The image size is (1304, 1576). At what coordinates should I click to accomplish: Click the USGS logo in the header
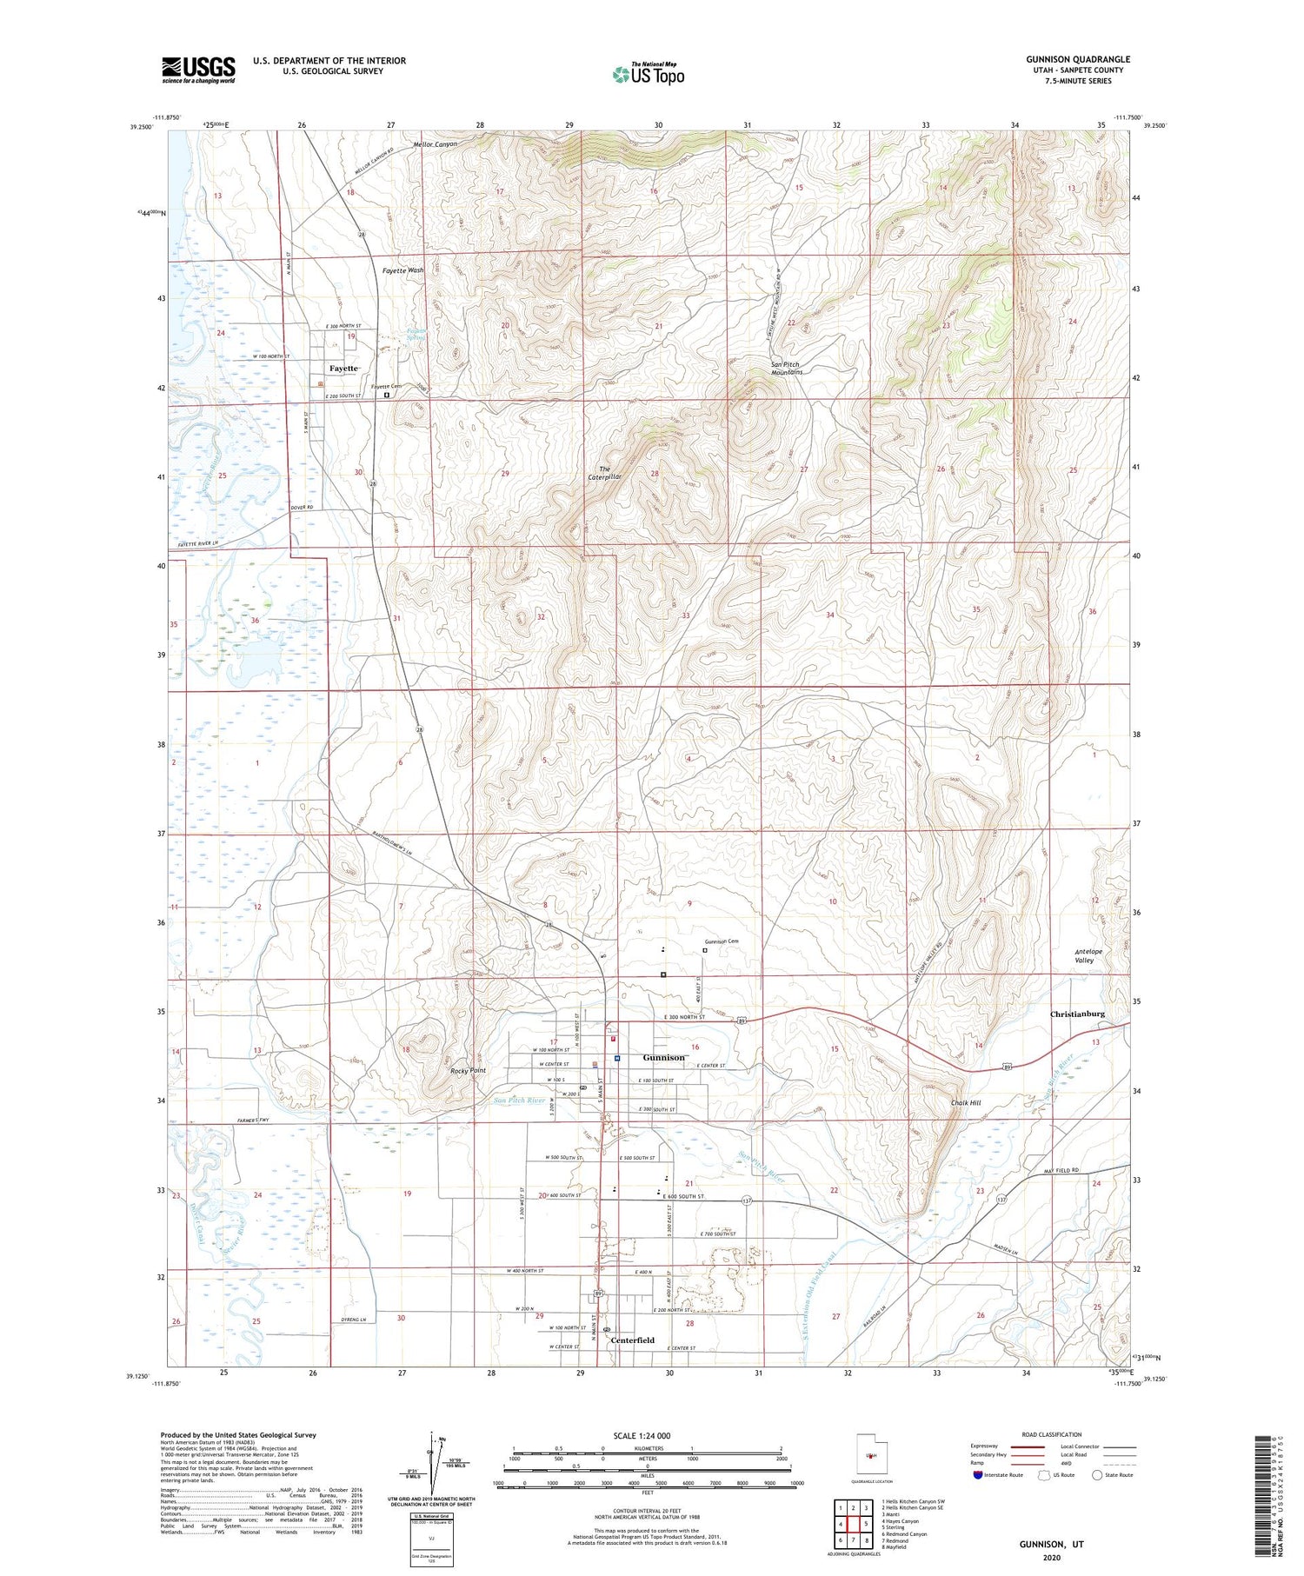[198, 70]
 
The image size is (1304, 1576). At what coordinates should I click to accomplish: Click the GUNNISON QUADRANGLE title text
[1077, 59]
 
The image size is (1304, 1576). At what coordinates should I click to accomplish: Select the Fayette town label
[343, 368]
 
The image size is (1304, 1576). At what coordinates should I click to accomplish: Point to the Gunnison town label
[663, 1058]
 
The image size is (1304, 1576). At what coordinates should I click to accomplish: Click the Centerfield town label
[632, 1340]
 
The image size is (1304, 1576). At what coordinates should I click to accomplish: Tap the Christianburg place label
[1077, 1014]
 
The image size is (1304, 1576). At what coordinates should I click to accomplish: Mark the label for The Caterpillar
[604, 473]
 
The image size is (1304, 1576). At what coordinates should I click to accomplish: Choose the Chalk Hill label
[965, 1103]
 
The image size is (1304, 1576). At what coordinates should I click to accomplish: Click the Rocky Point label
[468, 1070]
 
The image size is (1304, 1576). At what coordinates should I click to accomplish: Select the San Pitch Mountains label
[786, 368]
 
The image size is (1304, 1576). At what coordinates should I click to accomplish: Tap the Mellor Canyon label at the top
[435, 143]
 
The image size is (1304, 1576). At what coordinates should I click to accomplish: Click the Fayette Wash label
[403, 270]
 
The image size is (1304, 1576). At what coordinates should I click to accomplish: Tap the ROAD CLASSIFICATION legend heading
[1052, 1434]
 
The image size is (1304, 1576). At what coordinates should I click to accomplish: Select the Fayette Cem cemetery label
[386, 386]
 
